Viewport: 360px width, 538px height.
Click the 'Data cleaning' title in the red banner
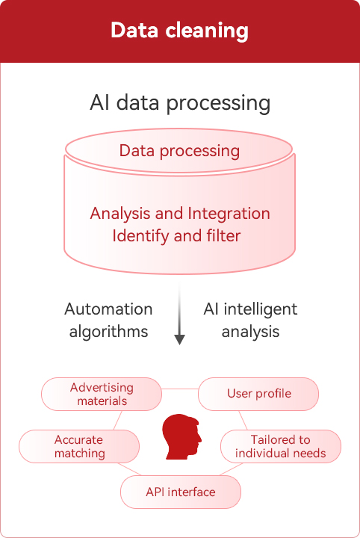179,31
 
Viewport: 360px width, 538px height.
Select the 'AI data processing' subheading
180,103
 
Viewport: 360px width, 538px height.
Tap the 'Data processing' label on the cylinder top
179,151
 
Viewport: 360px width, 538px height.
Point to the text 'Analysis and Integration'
180,214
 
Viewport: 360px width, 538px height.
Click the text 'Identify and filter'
176,236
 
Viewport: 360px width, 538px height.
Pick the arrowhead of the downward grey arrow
180,340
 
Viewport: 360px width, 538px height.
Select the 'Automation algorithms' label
108,320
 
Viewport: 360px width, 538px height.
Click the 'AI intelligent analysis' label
250,320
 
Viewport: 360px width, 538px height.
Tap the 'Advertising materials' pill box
102,395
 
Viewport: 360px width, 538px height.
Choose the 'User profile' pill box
258,395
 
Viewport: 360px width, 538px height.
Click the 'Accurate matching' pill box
79,446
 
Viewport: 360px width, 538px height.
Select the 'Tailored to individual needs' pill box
281,446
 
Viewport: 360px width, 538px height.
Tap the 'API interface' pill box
181,492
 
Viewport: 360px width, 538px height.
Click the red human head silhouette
181,437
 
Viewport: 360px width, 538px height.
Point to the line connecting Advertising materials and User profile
180,389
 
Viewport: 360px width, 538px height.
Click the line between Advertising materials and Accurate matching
117,420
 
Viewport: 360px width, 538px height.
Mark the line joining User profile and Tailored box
243,420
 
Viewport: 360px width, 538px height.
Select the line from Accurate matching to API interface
129,469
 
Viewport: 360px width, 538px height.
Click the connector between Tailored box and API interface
231,469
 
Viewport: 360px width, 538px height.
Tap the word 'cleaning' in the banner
207,31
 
